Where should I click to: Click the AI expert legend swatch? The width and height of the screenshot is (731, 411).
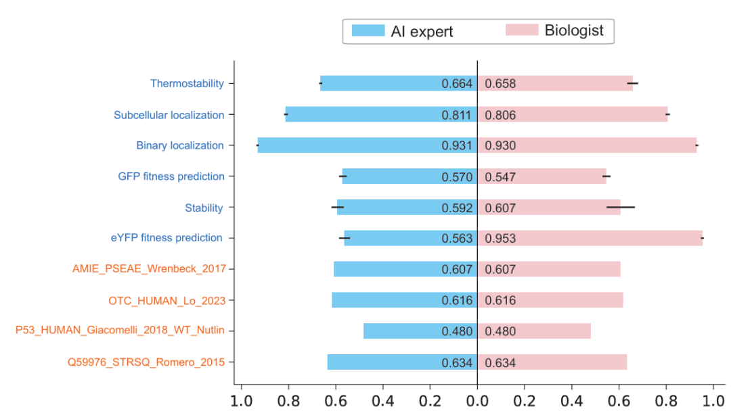click(x=368, y=31)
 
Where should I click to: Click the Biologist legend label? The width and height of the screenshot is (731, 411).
click(x=574, y=30)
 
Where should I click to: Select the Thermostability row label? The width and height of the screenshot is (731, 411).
click(x=187, y=84)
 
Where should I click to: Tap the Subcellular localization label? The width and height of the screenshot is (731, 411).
click(x=169, y=115)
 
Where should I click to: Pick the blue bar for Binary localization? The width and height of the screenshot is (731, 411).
click(x=345, y=145)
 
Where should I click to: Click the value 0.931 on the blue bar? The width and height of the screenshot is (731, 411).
click(x=456, y=146)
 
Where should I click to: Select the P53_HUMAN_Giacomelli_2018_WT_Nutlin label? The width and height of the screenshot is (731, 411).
click(x=120, y=331)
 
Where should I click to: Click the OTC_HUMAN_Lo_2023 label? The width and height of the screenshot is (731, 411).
click(x=167, y=300)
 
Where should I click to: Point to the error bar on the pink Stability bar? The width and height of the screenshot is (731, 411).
click(x=621, y=207)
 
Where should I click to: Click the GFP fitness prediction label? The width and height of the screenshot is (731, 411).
click(x=171, y=176)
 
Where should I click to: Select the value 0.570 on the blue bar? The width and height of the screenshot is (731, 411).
click(x=456, y=177)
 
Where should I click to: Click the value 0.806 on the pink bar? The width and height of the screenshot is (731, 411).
click(x=500, y=116)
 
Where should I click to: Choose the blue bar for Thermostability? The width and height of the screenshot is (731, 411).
click(x=379, y=84)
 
